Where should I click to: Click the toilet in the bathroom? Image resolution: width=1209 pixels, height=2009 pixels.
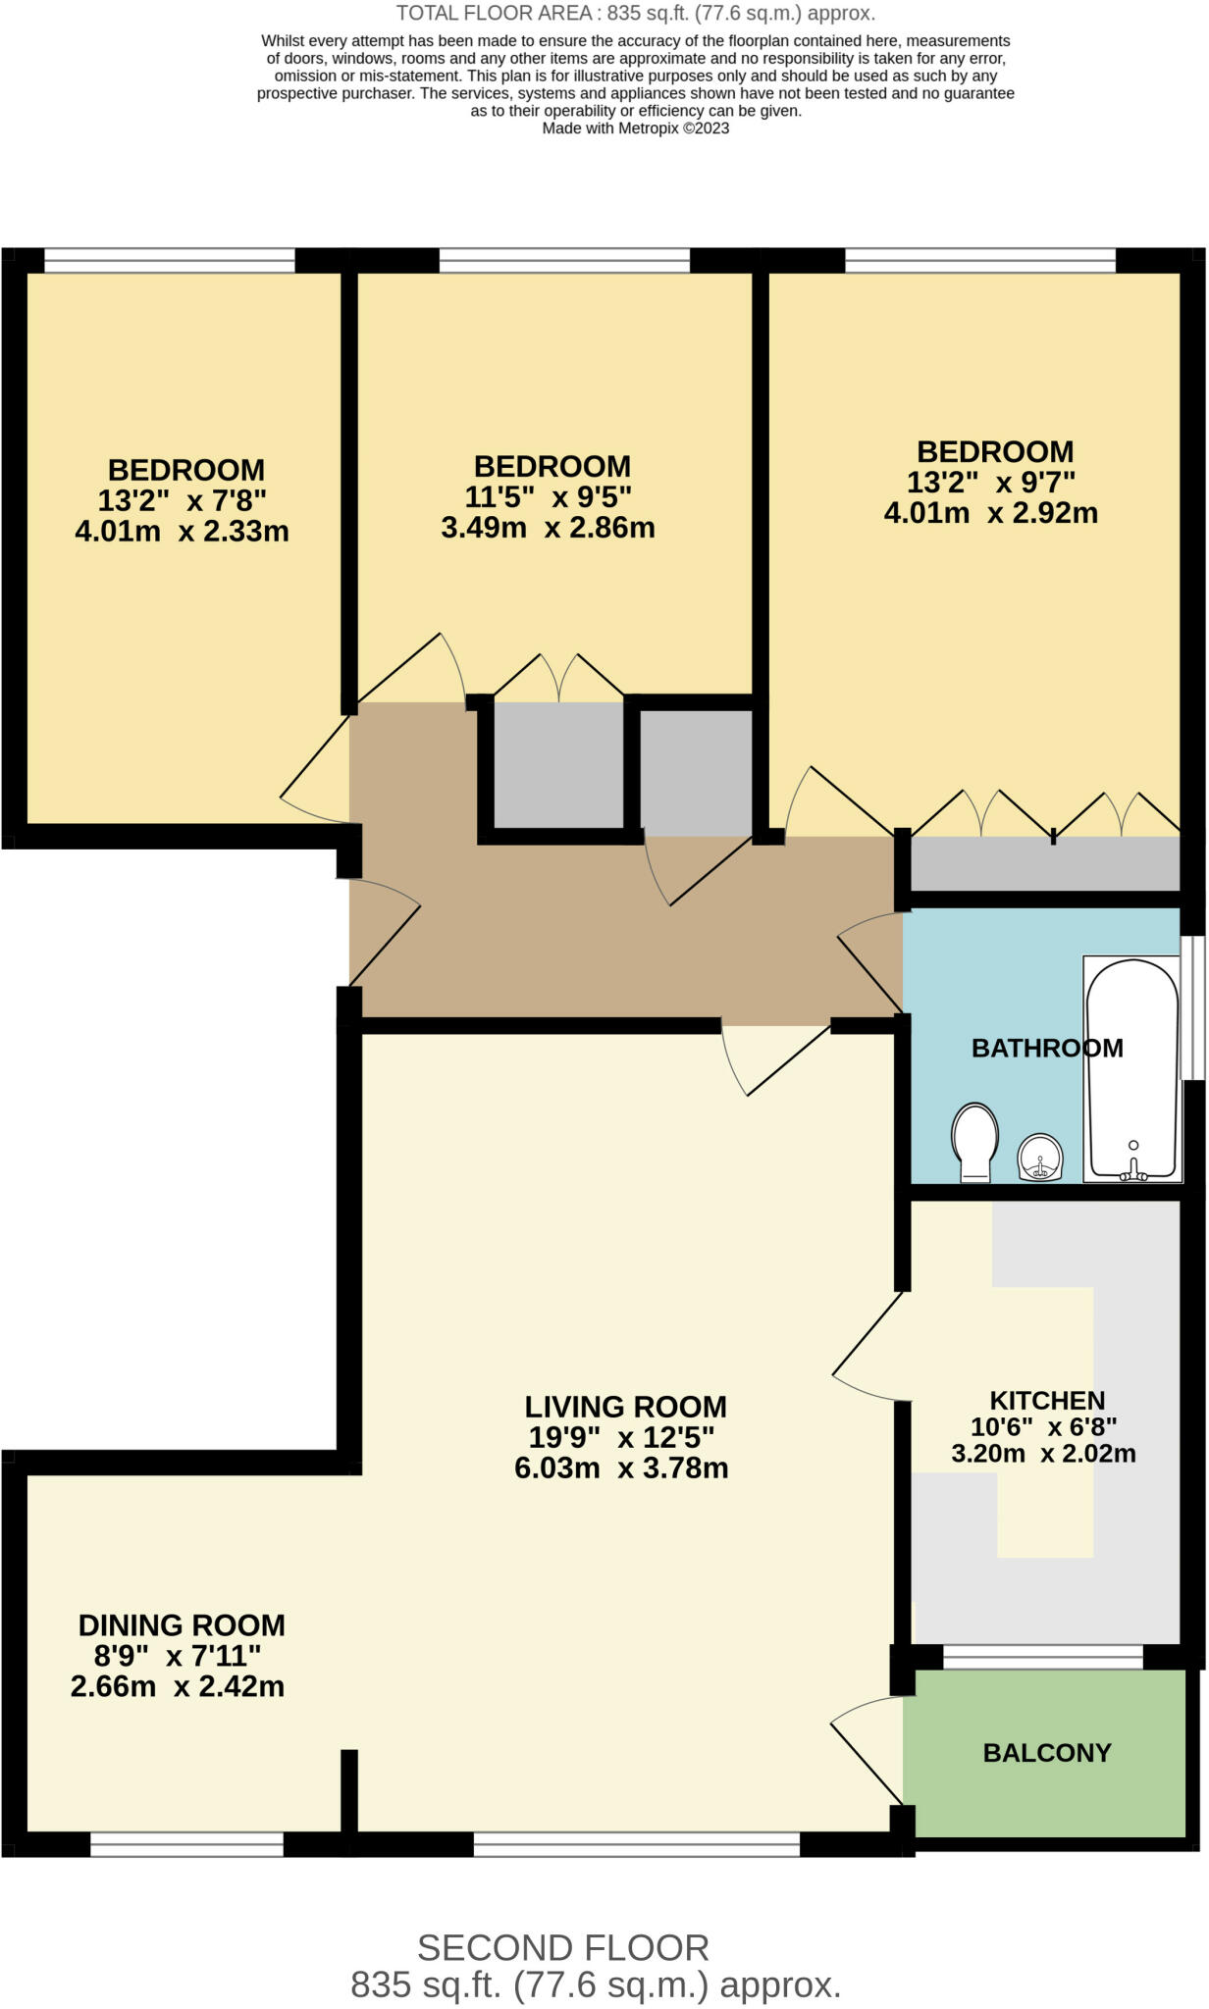coord(974,1142)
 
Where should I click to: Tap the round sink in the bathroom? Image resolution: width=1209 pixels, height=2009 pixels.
coord(1039,1157)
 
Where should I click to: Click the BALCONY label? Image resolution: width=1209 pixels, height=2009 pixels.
coord(1046,1753)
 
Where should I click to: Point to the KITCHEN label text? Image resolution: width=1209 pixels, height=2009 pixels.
coord(1046,1400)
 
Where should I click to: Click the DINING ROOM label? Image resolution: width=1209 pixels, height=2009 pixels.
coord(182,1625)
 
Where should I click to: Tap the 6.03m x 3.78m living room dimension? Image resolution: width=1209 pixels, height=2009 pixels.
coord(620,1468)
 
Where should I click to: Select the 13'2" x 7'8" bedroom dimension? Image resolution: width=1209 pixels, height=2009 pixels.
coord(182,501)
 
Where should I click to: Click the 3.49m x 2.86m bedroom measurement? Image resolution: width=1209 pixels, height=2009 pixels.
coord(548,528)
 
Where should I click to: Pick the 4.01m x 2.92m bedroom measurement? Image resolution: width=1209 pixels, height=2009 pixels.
coord(990,513)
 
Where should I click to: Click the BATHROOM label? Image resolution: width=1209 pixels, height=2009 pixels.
coord(1046,1048)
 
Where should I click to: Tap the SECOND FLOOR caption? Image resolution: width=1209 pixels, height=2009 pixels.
coord(562,1948)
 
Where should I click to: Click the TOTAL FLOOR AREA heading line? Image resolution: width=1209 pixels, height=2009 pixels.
coord(635,14)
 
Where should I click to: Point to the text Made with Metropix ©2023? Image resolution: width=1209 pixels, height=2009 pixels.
coord(635,129)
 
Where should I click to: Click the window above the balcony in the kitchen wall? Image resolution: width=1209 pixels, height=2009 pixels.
coord(1042,1657)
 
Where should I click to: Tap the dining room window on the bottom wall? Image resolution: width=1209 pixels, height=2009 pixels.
coord(186,1845)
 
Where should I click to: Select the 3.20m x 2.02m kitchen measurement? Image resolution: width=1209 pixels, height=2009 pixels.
coord(1042,1454)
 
